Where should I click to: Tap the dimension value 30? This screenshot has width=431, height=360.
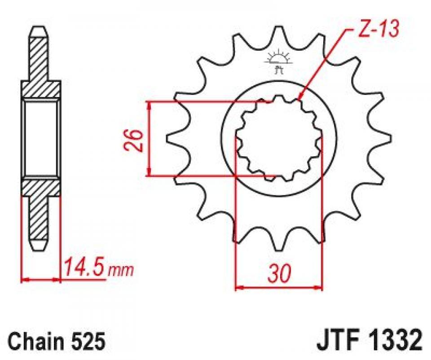(279, 273)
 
